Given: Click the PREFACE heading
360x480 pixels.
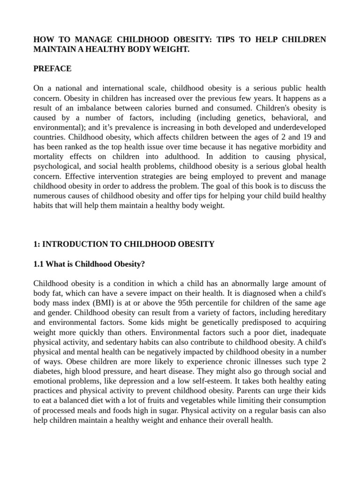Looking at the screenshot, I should (52, 68).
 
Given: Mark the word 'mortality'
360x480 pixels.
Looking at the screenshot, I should (49, 157).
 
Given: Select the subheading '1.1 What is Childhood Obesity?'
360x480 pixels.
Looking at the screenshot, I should (89, 264).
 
